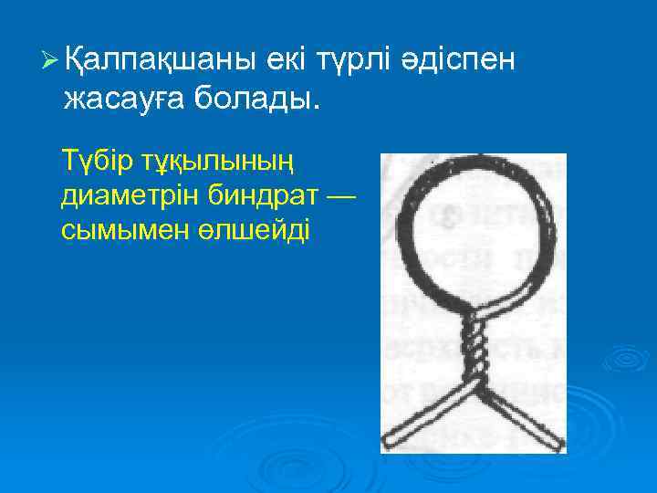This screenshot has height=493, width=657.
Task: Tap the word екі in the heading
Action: click(291, 61)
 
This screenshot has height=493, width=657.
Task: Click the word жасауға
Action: click(122, 97)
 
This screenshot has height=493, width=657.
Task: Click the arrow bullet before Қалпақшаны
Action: click(50, 61)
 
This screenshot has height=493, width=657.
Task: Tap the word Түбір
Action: click(96, 162)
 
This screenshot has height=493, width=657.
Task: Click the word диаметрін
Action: click(118, 196)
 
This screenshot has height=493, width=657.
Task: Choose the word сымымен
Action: click(114, 229)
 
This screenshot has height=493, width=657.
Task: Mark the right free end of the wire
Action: click(555, 443)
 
